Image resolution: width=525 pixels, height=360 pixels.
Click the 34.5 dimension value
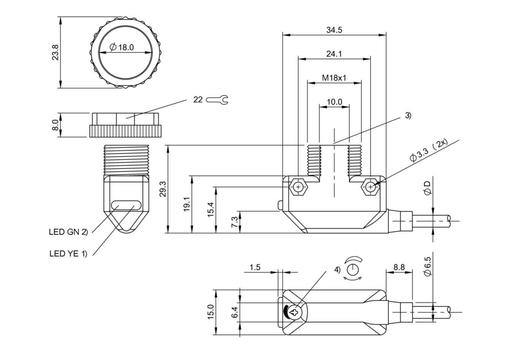point(334,30)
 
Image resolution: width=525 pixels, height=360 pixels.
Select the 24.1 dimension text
point(334,54)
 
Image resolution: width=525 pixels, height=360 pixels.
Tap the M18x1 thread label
point(334,78)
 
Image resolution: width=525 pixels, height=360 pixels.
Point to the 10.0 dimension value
point(334,102)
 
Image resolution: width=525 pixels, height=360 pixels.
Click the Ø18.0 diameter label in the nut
point(122,48)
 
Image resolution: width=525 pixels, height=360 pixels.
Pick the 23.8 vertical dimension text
point(56,53)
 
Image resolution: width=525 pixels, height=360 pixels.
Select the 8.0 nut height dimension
point(56,125)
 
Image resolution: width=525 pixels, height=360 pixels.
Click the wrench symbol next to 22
point(217,100)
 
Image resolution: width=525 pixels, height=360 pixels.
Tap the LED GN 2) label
point(68,231)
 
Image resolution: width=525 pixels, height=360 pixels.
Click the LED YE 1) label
point(68,253)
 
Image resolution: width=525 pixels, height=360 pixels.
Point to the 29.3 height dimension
point(163,189)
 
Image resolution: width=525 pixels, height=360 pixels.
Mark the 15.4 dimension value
point(211,209)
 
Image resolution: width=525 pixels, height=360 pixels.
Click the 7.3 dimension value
point(235,222)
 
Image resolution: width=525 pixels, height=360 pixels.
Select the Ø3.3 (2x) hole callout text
point(428,151)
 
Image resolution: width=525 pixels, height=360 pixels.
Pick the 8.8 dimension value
point(399,267)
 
